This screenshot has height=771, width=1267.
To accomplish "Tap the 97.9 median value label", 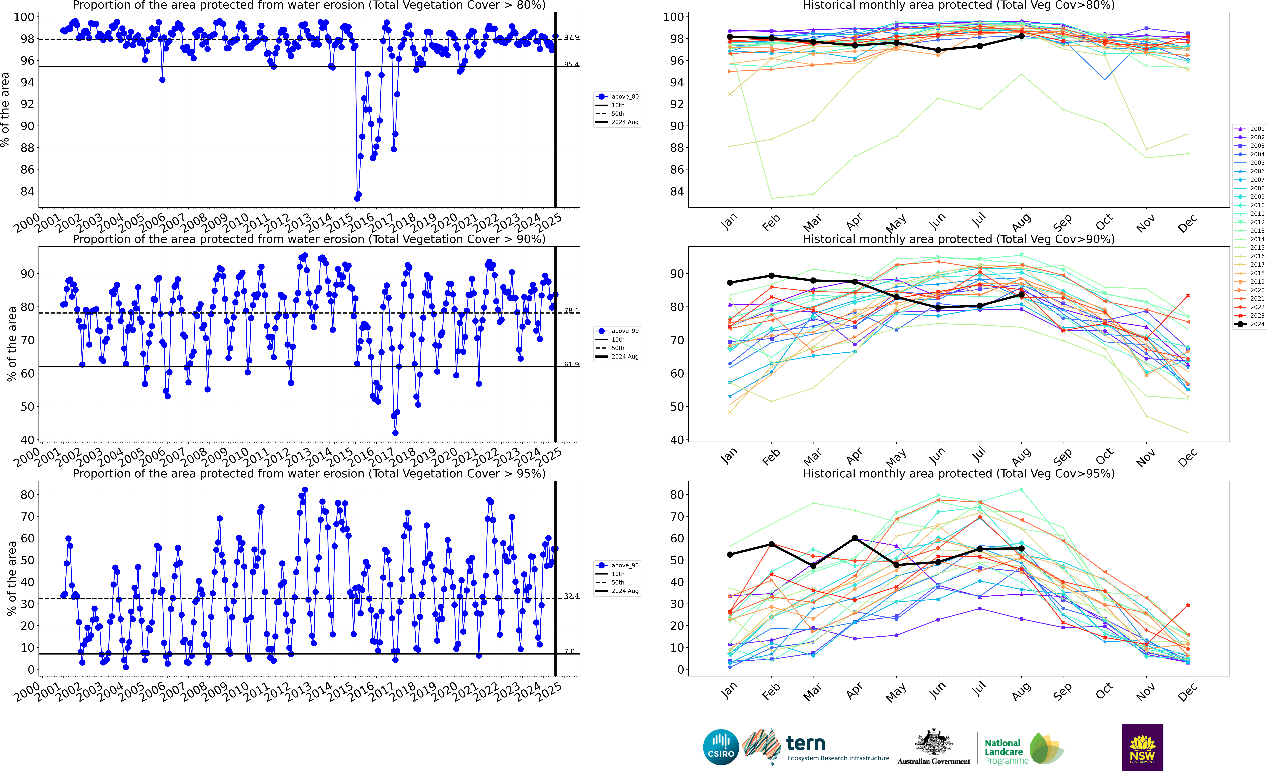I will pyautogui.click(x=571, y=37).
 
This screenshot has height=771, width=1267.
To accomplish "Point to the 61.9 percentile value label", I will pyautogui.click(x=571, y=364).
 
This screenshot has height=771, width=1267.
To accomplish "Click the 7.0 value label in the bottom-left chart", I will pyautogui.click(x=569, y=651).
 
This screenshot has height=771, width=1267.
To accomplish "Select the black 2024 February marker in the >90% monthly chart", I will pyautogui.click(x=771, y=276).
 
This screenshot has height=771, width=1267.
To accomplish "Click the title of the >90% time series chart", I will pyautogui.click(x=309, y=239).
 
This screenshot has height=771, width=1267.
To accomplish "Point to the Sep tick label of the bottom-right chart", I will pyautogui.click(x=1062, y=692).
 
